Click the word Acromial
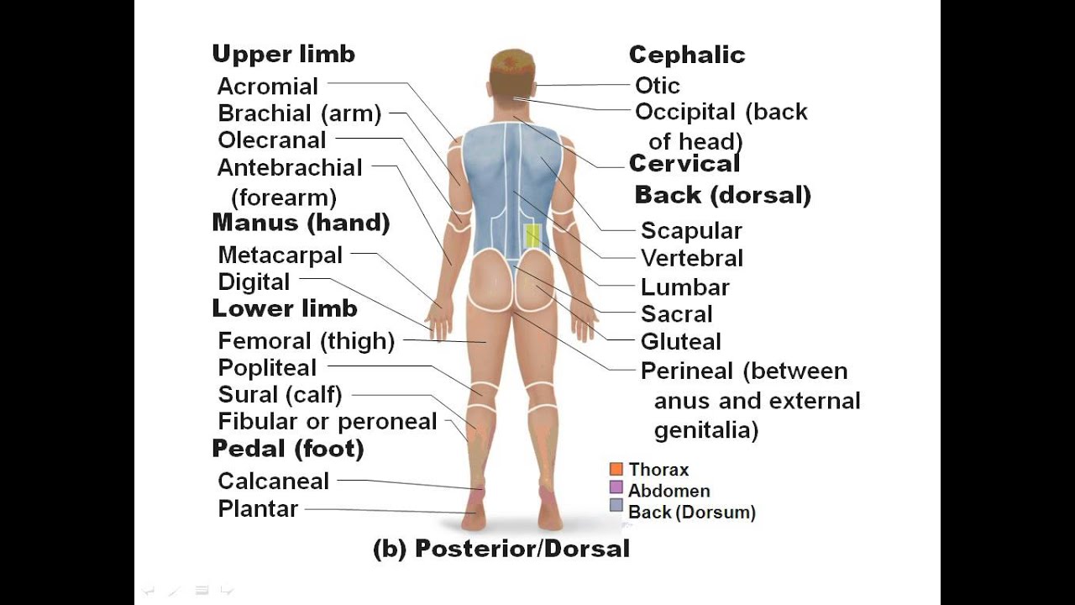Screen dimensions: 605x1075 point(256,87)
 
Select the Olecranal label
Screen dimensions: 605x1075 point(271,140)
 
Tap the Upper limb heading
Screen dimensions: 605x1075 point(283,55)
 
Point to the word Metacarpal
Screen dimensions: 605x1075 point(280,255)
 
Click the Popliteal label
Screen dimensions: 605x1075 point(267,368)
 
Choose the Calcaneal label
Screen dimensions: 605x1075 point(273,481)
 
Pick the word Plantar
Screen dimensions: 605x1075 point(258,508)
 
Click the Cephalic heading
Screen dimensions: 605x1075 point(686,55)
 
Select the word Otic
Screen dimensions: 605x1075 point(657,86)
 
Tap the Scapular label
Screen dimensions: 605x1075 point(691,231)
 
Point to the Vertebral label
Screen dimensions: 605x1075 point(691,258)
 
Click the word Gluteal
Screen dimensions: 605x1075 point(680,342)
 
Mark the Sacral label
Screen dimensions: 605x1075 point(676,314)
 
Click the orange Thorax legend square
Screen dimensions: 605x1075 point(616,469)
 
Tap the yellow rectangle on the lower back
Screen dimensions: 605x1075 point(532,236)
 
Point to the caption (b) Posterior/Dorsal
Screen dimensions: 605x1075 point(501,550)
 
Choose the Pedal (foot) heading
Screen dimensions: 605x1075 point(287,449)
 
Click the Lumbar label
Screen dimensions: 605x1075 point(684,287)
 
